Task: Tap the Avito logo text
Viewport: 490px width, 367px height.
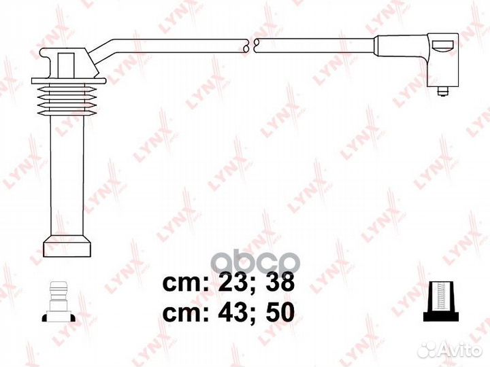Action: (x=463, y=350)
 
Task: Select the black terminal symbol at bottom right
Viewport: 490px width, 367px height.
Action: (x=441, y=301)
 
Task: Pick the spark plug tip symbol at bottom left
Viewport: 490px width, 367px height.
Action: (x=59, y=302)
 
